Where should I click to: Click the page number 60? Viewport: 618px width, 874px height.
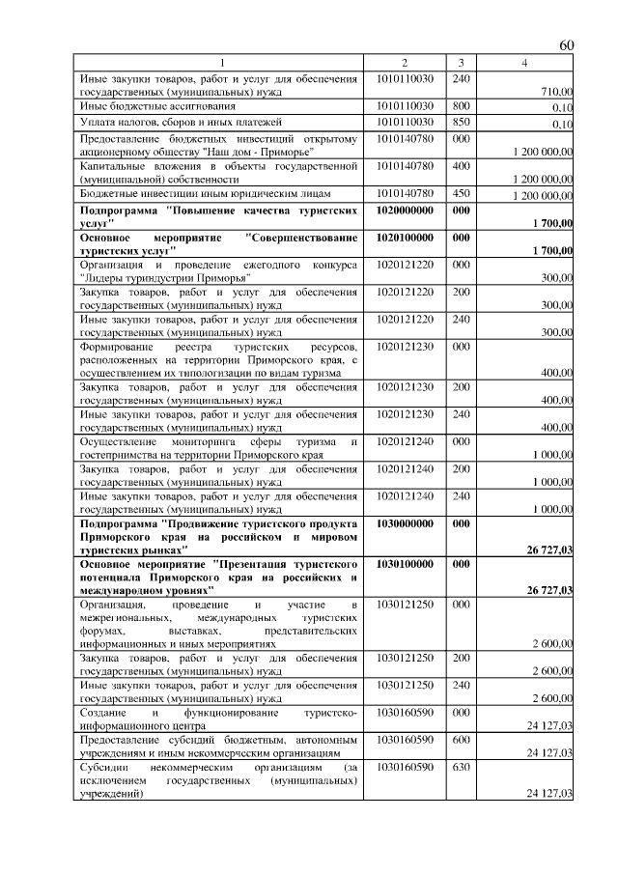567,45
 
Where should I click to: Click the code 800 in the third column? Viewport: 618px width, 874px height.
461,105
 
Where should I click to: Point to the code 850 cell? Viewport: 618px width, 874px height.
461,122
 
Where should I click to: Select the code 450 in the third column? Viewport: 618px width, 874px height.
461,193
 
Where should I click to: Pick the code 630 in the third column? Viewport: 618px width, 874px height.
461,766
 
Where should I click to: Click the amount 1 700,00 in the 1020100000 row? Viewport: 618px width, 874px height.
552,250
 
